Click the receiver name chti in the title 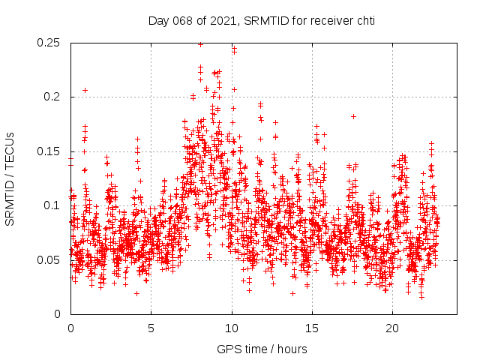(364, 20)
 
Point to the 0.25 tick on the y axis (49, 43)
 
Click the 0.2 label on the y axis (52, 97)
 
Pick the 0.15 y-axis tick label (49, 151)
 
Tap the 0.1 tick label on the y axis (52, 205)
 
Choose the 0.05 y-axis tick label (49, 260)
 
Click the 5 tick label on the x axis (151, 328)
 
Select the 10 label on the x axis (232, 328)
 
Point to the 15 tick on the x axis (312, 328)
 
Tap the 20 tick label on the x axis (393, 328)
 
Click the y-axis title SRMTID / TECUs (10, 178)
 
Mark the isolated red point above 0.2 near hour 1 (85, 90)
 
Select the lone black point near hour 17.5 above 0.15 (353, 116)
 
